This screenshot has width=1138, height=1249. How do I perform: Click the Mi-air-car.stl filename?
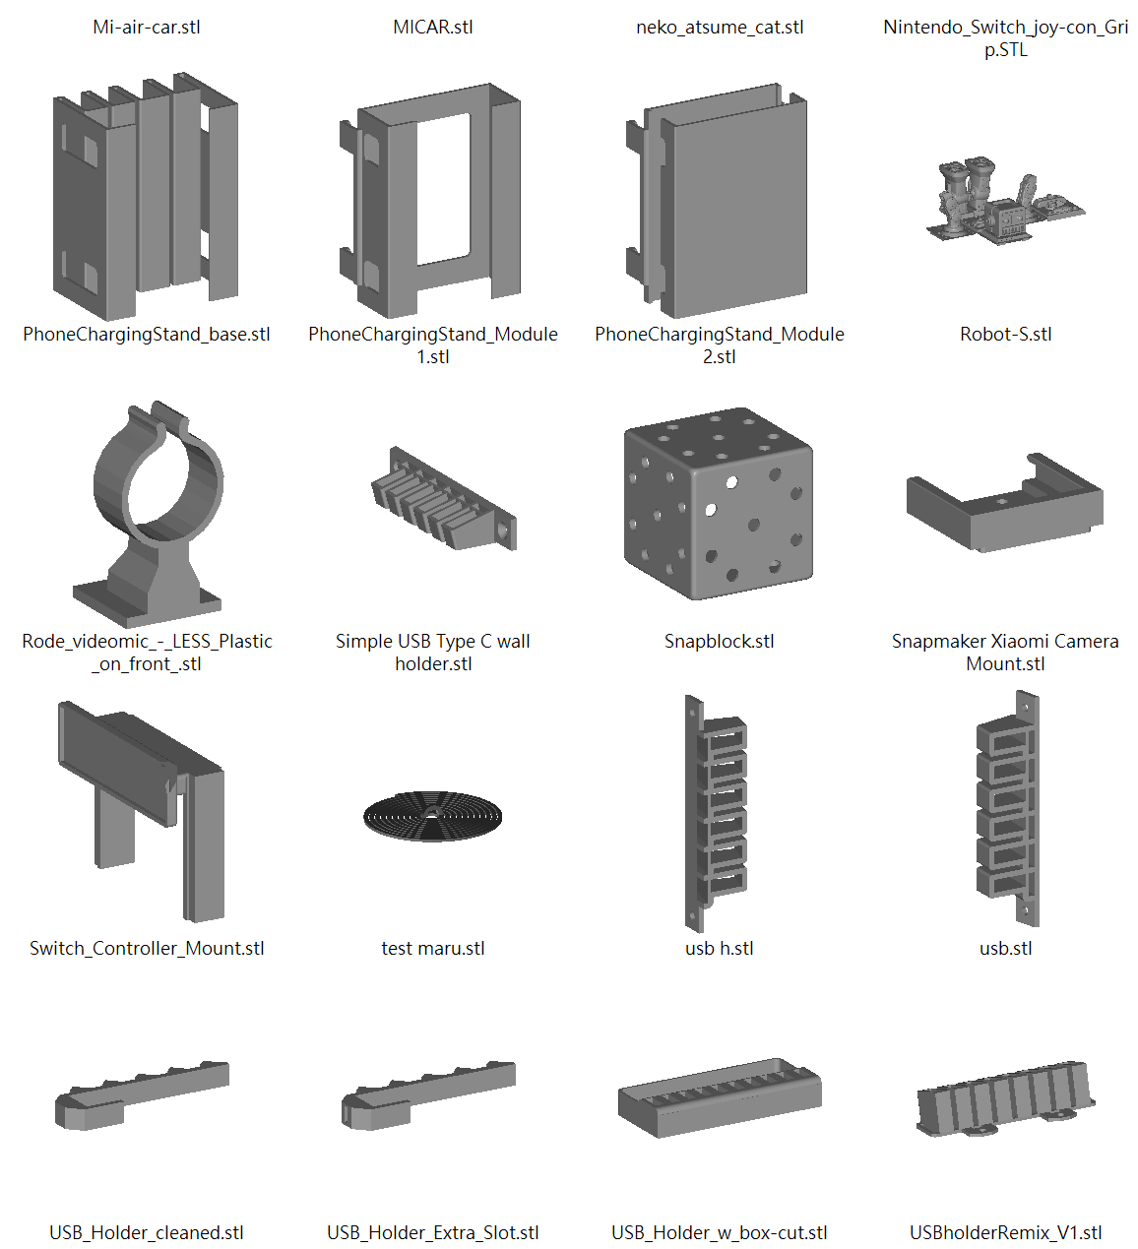147,28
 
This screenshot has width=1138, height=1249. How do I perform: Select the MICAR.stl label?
433,28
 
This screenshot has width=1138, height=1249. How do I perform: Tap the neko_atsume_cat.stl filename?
720,28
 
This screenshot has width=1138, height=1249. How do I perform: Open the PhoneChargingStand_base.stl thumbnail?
145,196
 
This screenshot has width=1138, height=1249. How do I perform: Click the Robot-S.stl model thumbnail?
1005,199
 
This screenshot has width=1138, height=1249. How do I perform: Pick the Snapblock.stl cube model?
719,504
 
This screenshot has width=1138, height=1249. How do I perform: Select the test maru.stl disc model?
432,816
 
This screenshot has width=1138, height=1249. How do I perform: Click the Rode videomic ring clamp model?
149,514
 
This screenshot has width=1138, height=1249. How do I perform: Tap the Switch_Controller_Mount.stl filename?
147,948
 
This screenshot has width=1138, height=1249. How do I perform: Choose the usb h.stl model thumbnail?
715,813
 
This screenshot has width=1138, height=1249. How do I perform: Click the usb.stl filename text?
1005,948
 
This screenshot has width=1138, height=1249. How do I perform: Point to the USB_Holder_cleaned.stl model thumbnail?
142,1095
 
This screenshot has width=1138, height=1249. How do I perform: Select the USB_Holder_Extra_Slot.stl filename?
433,1233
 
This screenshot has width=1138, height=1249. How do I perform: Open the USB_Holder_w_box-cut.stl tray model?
720,1097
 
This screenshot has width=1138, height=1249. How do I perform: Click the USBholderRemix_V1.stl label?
1005,1233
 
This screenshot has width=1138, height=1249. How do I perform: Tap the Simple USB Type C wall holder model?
444,498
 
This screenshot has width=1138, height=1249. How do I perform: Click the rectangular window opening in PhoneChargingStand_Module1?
443,189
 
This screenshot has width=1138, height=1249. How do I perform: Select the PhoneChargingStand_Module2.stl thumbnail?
717,201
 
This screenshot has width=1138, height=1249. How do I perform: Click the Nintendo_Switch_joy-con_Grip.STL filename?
1005,38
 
